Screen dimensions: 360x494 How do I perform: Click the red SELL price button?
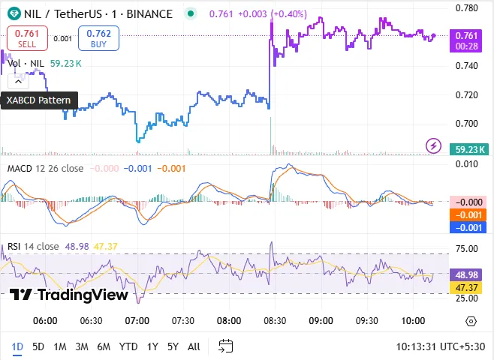click(27, 37)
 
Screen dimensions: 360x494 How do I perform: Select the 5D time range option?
click(38, 346)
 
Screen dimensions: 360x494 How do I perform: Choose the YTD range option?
click(128, 346)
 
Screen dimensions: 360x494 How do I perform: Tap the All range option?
click(194, 346)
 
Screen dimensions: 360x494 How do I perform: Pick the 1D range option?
click(17, 346)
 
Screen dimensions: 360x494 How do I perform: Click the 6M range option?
click(104, 346)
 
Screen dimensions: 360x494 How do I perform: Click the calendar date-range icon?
click(225, 346)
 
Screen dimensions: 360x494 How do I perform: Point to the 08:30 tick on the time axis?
click(275, 320)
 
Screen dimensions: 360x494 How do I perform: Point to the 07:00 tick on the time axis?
click(137, 320)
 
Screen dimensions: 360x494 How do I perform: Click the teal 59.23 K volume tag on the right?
click(472, 149)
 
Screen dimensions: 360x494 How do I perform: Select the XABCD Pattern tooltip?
click(39, 100)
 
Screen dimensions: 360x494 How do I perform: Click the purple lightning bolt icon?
click(433, 145)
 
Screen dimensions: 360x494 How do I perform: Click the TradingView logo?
click(69, 295)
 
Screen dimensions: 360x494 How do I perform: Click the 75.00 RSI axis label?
click(468, 250)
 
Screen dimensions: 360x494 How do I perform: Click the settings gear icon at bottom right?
click(471, 321)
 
